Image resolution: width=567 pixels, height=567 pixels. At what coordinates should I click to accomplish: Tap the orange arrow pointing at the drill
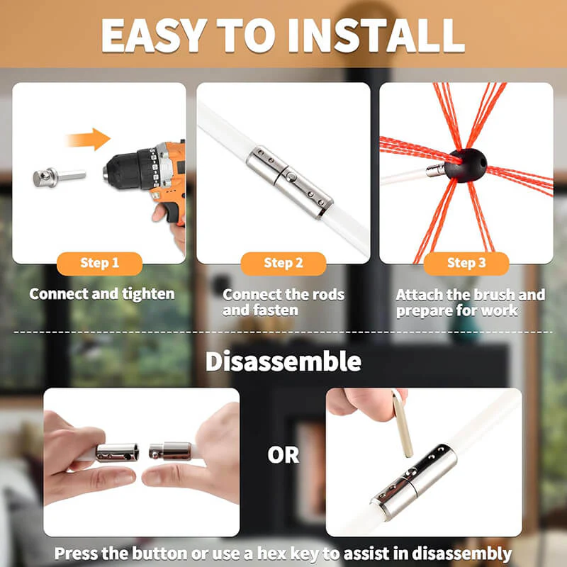click(x=88, y=139)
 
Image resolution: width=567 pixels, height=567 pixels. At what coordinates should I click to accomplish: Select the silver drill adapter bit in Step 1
click(x=58, y=176)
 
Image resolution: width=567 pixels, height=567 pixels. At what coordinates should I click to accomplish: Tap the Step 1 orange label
click(x=99, y=263)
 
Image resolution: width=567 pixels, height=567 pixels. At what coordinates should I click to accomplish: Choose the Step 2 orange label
click(x=283, y=263)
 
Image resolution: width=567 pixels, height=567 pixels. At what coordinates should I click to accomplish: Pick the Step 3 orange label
click(x=466, y=263)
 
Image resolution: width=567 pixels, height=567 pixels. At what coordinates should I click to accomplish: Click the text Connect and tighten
click(x=102, y=293)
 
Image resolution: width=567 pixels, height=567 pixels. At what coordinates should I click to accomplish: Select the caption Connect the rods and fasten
click(x=283, y=302)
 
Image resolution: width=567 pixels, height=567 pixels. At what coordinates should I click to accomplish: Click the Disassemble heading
click(x=283, y=361)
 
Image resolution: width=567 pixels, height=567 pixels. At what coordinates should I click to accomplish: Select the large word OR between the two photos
click(x=283, y=455)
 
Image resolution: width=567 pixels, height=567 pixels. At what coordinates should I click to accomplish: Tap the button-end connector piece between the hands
click(x=171, y=450)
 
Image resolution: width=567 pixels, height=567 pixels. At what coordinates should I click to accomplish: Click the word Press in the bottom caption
click(x=78, y=553)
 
